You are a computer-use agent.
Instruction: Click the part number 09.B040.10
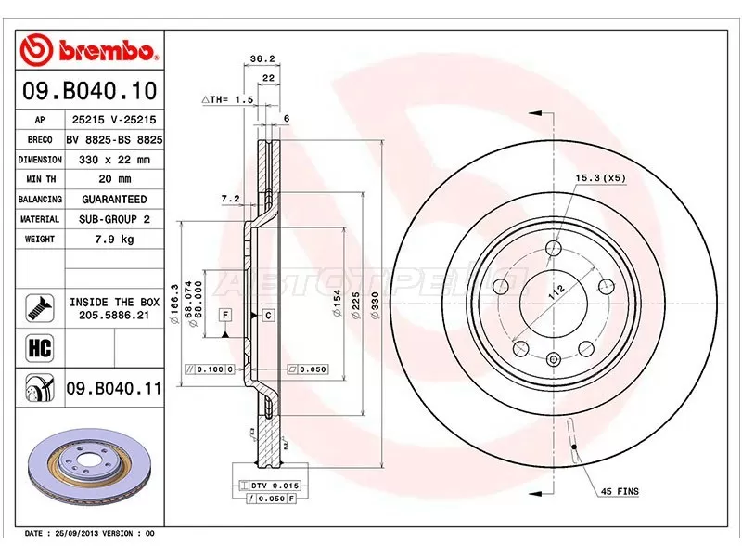click(x=88, y=93)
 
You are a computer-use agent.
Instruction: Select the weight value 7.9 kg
click(x=115, y=239)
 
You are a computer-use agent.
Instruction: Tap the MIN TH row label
click(x=40, y=179)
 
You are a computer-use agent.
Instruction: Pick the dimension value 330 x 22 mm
click(x=115, y=160)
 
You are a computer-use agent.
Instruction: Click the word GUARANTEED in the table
click(x=115, y=200)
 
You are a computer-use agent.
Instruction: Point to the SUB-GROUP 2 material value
click(x=115, y=219)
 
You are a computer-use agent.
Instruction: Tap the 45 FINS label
click(x=620, y=490)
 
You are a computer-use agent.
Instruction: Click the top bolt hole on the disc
click(x=554, y=248)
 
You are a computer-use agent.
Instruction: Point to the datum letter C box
click(x=268, y=316)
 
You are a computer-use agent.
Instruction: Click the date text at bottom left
click(x=88, y=534)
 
